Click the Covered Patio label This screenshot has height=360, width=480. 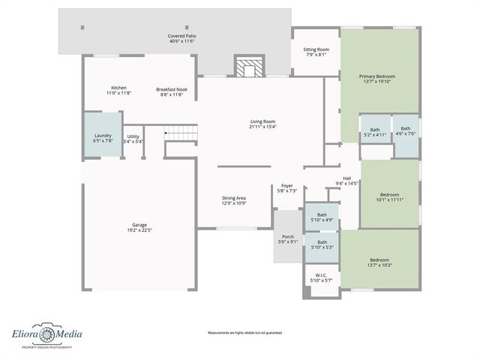click(181, 36)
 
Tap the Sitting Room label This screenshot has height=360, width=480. click(315, 49)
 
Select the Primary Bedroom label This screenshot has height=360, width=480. click(376, 76)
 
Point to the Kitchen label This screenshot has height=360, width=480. click(118, 88)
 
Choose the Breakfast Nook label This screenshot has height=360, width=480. click(172, 89)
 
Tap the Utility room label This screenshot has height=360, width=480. click(133, 136)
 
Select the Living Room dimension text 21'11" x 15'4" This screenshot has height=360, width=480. click(262, 127)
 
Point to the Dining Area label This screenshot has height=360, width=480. click(234, 198)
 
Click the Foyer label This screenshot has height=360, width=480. click(287, 186)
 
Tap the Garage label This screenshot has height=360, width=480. click(139, 225)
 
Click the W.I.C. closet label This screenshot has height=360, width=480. click(320, 276)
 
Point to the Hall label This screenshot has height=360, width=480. click(347, 178)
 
